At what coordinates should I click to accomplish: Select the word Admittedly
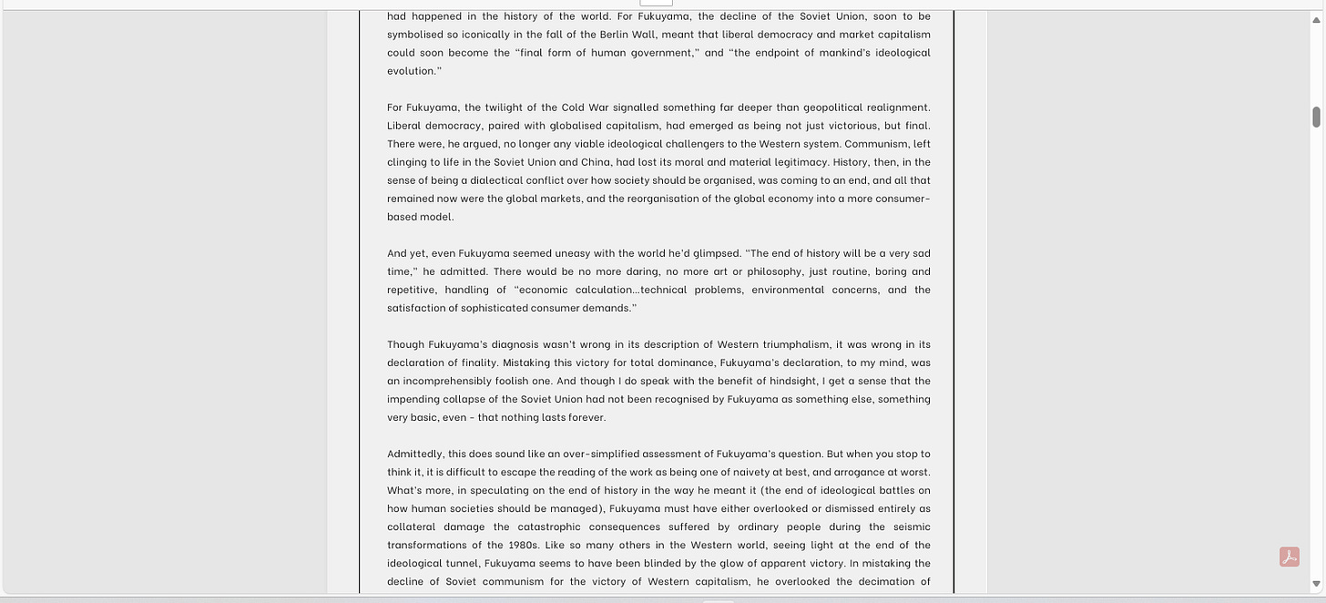pyautogui.click(x=414, y=454)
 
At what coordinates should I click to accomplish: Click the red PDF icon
pyautogui.click(x=1290, y=557)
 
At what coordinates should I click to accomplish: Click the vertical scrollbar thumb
pyautogui.click(x=1316, y=117)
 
